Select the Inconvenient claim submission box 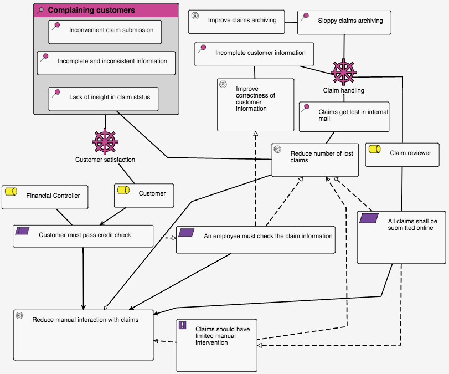[105, 32]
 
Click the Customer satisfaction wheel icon [105, 141]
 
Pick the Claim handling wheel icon [343, 72]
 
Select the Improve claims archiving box [236, 21]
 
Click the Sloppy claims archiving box [345, 22]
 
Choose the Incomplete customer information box [254, 54]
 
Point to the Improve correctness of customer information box [255, 104]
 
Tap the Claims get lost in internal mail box [344, 116]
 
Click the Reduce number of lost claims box [315, 160]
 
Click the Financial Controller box [45, 197]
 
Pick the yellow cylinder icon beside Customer [123, 191]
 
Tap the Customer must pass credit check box [83, 235]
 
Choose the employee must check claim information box [256, 239]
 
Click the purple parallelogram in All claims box [369, 218]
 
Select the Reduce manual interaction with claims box [83, 334]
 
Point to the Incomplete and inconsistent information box [106, 63]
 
